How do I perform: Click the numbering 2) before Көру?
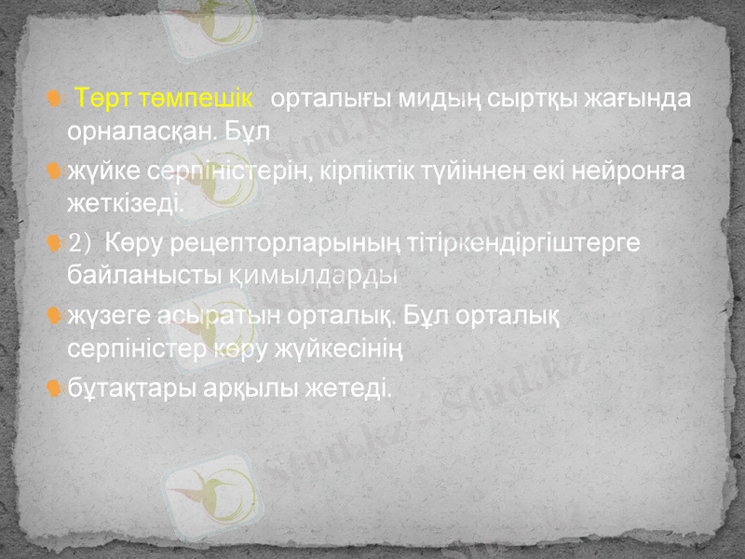coord(81,243)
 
